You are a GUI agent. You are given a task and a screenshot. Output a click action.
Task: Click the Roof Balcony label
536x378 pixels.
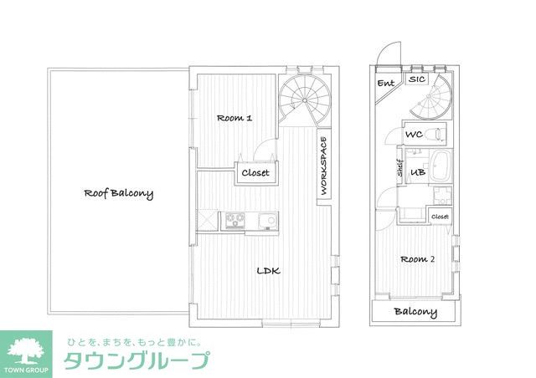[118, 193]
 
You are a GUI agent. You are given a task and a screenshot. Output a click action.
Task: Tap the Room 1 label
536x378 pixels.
[234, 118]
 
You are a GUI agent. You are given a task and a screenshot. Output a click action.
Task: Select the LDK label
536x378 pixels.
[268, 271]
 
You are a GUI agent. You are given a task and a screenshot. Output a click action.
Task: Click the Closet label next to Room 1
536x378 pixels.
[255, 173]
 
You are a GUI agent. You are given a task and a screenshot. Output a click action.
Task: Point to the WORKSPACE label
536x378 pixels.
[324, 165]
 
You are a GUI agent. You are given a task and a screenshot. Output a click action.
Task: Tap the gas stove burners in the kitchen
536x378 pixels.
[233, 221]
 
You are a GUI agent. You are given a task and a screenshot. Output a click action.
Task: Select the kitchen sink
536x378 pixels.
[267, 221]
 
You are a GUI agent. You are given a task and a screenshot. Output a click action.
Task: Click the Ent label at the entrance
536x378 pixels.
[386, 84]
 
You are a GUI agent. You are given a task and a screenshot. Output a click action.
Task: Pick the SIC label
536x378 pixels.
[417, 79]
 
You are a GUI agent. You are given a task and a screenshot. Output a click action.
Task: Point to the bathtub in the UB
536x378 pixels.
[439, 167]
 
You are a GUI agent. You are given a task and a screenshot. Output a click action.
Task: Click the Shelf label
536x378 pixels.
[400, 171]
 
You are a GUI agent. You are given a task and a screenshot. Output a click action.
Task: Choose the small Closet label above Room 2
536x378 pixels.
[441, 217]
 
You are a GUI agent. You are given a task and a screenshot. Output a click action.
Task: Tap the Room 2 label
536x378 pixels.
[416, 259]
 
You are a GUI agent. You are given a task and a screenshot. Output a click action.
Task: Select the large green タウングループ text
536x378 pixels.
[138, 361]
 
